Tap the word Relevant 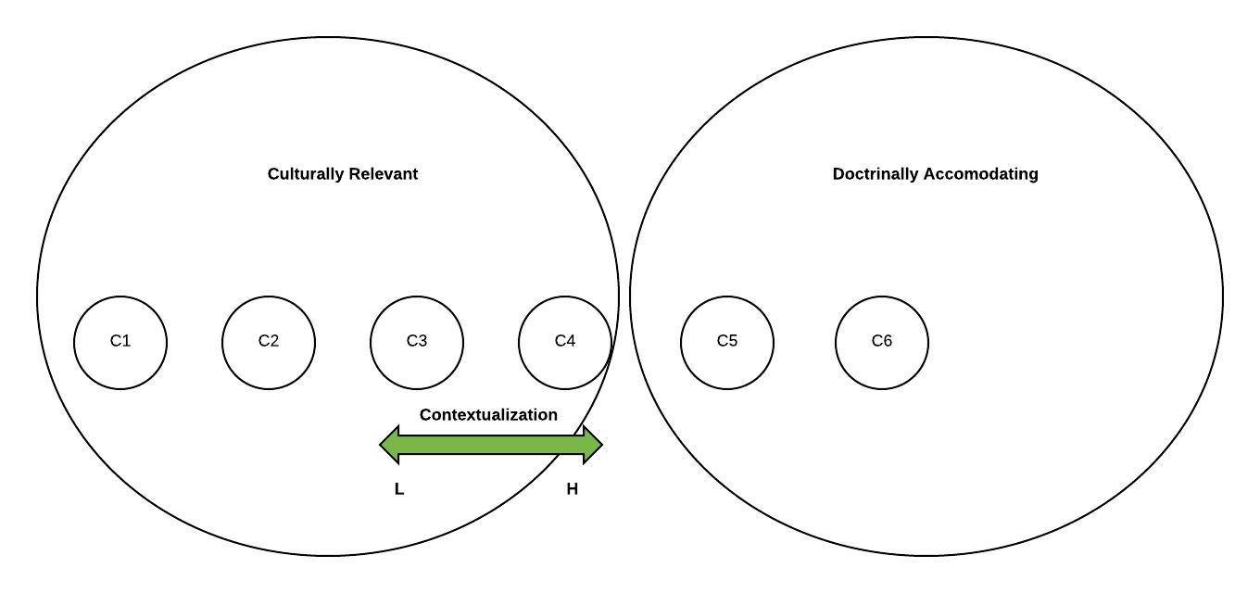(x=383, y=174)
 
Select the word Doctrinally (x=876, y=174)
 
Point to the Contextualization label (x=488, y=415)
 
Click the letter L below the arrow (x=399, y=489)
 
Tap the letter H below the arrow (x=573, y=489)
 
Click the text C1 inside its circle (x=120, y=341)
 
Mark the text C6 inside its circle (x=882, y=341)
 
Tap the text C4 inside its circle (x=565, y=341)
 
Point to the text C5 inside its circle (x=727, y=341)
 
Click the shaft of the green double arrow (x=491, y=445)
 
